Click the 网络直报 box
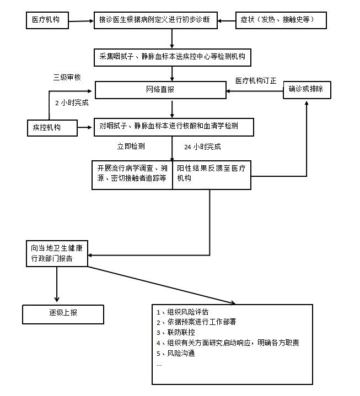160,90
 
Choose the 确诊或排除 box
307,90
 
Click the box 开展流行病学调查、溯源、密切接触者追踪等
132,174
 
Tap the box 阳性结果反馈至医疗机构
212,174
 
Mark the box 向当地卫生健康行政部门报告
57,253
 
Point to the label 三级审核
67,77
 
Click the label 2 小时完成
72,102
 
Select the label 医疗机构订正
256,80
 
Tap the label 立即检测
131,147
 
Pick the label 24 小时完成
202,147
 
